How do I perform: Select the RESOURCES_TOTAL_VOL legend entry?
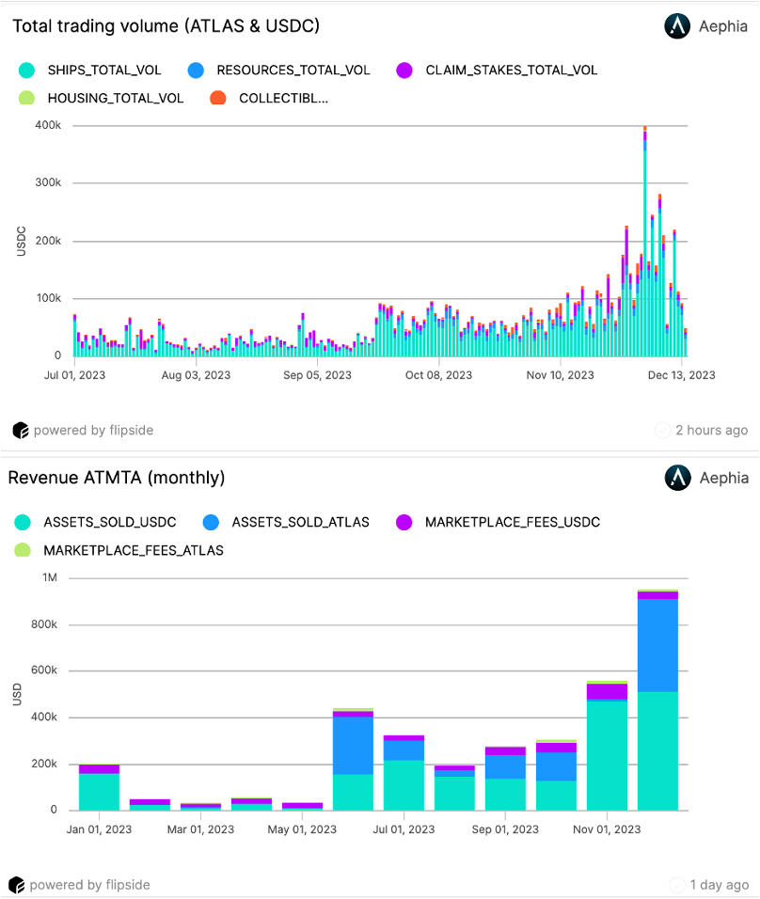click(280, 71)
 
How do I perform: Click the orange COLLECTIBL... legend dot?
click(218, 98)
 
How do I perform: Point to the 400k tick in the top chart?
click(49, 125)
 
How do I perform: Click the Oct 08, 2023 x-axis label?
click(438, 375)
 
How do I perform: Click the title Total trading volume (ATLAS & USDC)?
click(166, 26)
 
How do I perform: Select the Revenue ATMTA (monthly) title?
click(117, 478)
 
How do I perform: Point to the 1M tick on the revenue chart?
click(50, 577)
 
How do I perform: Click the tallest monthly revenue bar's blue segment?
click(657, 645)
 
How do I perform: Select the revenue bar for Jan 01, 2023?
click(99, 788)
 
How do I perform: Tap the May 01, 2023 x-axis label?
click(302, 829)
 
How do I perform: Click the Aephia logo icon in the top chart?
click(677, 26)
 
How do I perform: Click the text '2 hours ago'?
click(711, 431)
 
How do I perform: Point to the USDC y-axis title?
click(21, 240)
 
